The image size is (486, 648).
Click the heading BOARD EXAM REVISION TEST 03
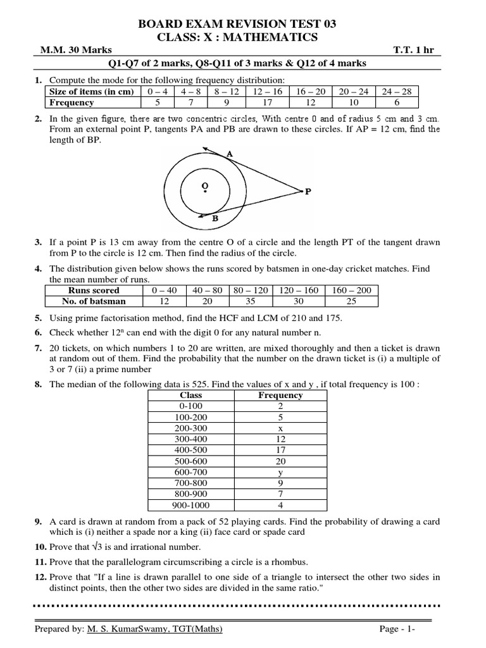tap(242, 24)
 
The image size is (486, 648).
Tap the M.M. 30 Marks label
tap(67, 50)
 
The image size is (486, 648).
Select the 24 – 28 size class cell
tap(397, 91)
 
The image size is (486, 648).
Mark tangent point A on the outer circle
tap(229, 153)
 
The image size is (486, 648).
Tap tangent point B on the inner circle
tap(215, 218)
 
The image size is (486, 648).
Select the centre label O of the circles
tap(204, 185)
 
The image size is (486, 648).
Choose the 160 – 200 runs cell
tap(351, 290)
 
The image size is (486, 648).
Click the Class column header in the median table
tap(190, 395)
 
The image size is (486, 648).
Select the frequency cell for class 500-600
tap(280, 461)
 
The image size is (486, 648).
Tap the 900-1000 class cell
tap(190, 505)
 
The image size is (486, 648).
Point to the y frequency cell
tap(280, 472)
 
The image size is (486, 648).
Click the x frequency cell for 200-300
tap(280, 428)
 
